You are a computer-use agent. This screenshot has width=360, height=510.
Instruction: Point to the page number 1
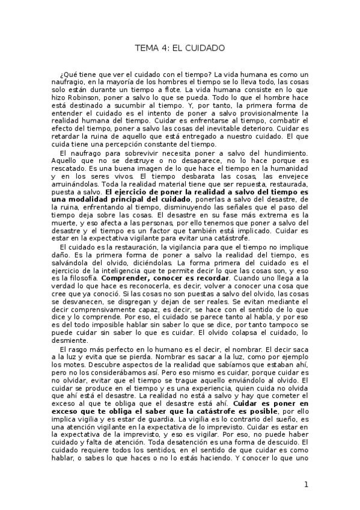(306, 485)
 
